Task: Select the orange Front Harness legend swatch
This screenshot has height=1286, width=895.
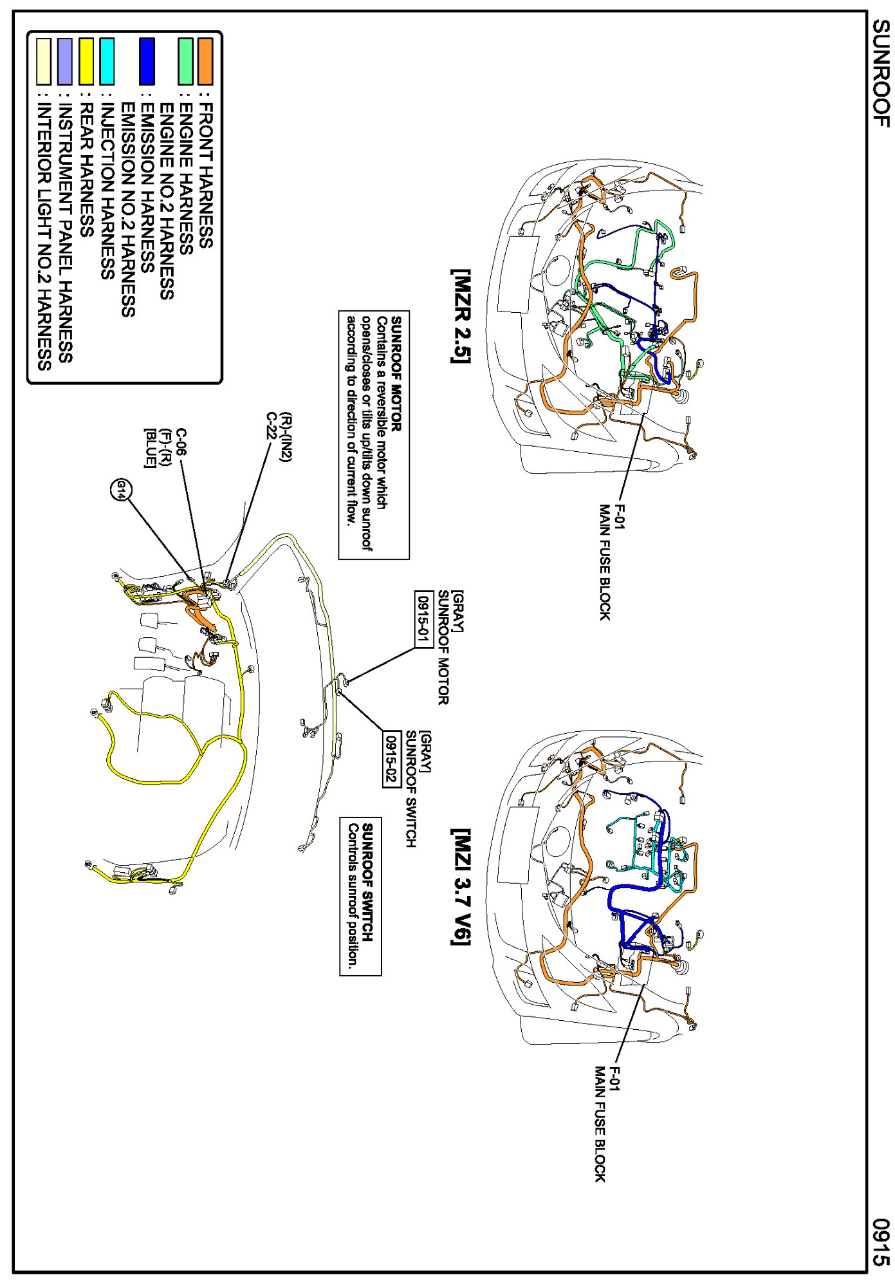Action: tap(205, 61)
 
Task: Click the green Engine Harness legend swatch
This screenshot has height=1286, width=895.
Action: tap(185, 61)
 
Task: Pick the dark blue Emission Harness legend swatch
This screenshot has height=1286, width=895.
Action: tap(147, 61)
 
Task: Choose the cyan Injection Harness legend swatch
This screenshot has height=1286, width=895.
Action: tap(107, 61)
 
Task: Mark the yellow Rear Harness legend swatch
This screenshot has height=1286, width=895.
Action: tap(86, 61)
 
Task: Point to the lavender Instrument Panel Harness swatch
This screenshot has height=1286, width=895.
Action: tap(65, 61)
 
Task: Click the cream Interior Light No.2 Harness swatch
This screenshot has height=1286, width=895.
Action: tap(44, 61)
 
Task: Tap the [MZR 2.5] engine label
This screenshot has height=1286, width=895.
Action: tap(461, 316)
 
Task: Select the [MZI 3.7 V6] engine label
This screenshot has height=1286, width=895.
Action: tap(461, 886)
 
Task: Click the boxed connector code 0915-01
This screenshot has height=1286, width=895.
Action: tap(423, 619)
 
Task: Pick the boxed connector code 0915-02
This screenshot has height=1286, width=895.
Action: tap(391, 759)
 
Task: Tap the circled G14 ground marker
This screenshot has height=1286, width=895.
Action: tap(120, 491)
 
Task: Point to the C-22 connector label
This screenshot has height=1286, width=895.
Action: tap(272, 425)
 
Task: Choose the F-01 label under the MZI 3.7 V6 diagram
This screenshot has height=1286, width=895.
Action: tap(614, 1079)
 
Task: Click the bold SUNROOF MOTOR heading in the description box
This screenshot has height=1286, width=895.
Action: tap(396, 373)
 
